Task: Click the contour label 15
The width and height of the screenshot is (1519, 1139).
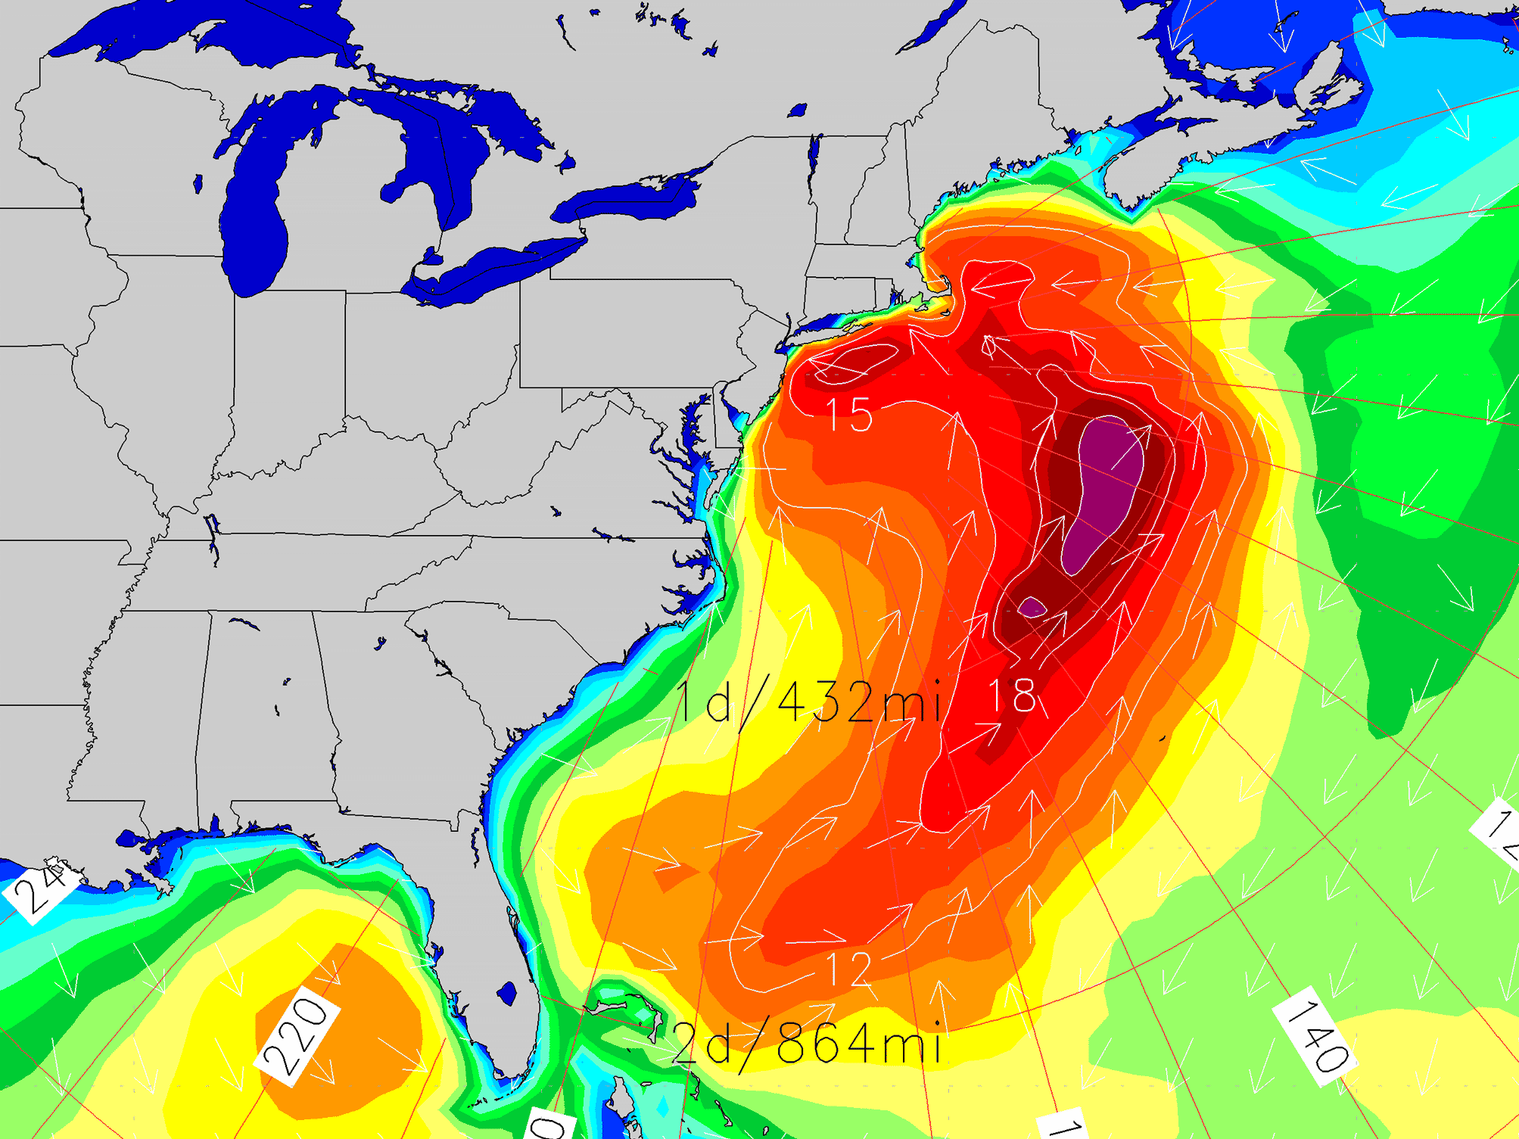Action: tap(849, 415)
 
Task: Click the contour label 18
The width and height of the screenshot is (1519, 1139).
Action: tap(1012, 696)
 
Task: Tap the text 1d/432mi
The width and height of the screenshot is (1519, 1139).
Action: tap(808, 702)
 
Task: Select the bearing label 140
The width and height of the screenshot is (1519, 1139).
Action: tap(1315, 1035)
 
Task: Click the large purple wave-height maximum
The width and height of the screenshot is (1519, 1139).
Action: tap(1103, 492)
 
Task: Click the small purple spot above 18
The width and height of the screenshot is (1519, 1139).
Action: tap(1032, 607)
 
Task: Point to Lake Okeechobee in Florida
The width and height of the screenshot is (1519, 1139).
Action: tap(507, 992)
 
